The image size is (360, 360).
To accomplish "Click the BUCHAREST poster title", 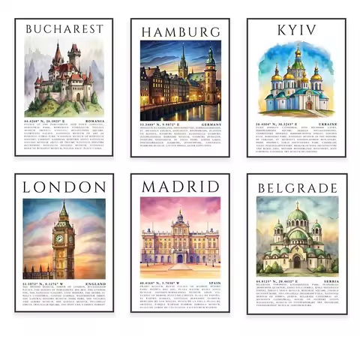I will (64, 28).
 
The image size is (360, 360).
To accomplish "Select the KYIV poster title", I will (296, 30).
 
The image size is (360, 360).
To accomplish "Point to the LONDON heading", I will (64, 186).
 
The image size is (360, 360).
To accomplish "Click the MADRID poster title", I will (181, 186).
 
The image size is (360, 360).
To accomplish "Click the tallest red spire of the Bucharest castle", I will (57, 54).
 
